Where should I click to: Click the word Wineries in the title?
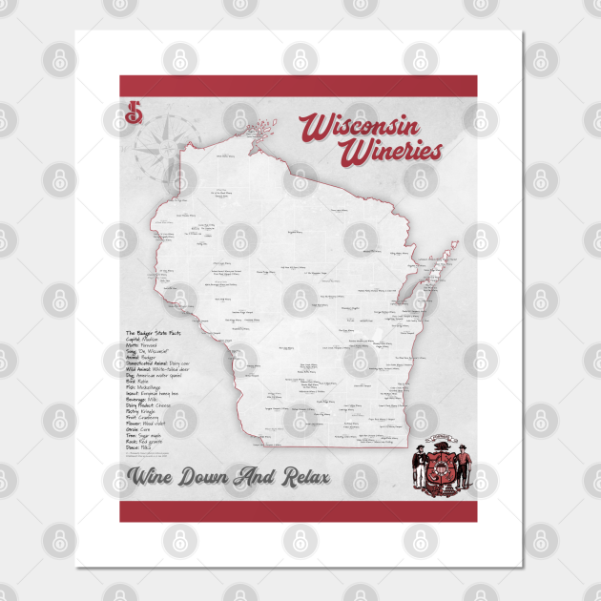(x=395, y=151)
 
